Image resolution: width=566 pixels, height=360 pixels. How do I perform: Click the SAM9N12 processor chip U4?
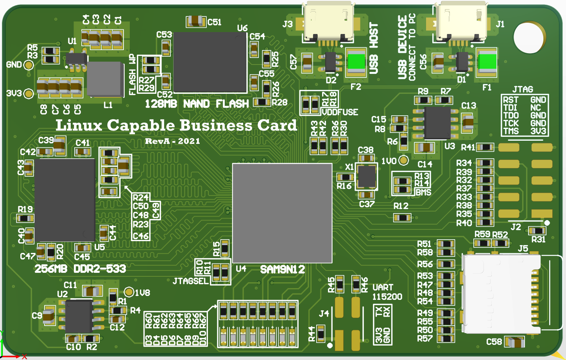click(282, 213)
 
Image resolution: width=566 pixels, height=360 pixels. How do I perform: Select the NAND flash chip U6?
click(210, 62)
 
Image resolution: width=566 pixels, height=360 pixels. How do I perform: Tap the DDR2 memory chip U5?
click(65, 200)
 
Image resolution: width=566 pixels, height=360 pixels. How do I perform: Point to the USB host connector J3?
click(328, 22)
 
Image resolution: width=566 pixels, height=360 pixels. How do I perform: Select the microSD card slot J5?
click(502, 293)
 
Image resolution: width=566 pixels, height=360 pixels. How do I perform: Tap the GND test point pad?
click(29, 65)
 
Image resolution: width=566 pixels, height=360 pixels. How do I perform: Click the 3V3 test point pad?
click(29, 93)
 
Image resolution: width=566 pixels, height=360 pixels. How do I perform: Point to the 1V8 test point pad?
click(129, 292)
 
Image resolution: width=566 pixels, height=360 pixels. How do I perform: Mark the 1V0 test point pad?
click(404, 160)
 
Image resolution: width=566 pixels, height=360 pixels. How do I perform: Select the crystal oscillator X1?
click(367, 177)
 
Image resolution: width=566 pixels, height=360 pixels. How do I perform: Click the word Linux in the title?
click(79, 125)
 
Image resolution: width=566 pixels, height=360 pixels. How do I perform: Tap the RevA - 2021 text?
click(172, 141)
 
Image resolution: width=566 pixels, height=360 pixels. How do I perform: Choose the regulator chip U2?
click(79, 317)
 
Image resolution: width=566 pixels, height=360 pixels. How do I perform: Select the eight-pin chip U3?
click(437, 123)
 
